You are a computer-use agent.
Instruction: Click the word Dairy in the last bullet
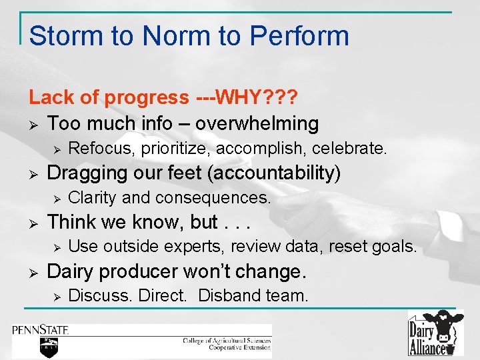click(x=71, y=271)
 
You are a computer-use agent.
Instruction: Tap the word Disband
click(x=228, y=295)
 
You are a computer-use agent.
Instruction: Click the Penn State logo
click(x=40, y=336)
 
